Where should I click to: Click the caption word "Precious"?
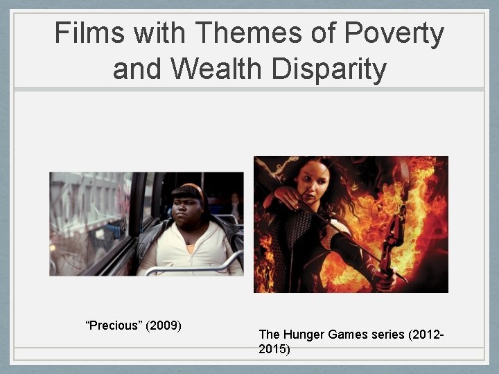tap(112, 326)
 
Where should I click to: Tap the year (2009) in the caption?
tap(164, 326)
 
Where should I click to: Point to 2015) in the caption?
tap(274, 350)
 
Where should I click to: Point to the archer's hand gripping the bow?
tap(387, 280)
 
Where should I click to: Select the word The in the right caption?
tap(269, 335)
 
